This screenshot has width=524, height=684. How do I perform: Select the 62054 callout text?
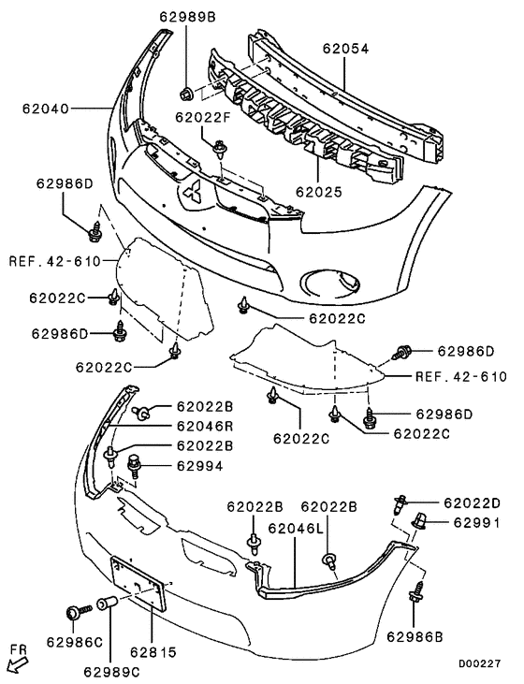(x=346, y=47)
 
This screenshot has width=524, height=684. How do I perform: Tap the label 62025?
(x=318, y=191)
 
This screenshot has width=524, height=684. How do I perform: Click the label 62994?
(x=193, y=465)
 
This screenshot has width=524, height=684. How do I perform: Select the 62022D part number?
(x=472, y=502)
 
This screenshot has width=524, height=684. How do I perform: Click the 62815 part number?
(x=154, y=649)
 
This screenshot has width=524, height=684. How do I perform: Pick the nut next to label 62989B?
(x=187, y=92)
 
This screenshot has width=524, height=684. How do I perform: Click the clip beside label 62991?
(x=418, y=519)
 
